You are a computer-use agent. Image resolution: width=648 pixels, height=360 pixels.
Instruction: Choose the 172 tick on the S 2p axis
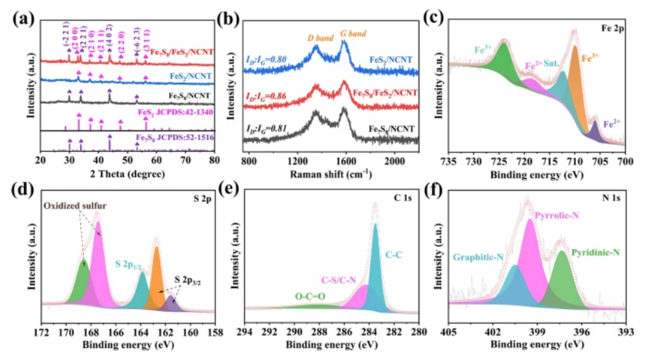coord(43,332)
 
